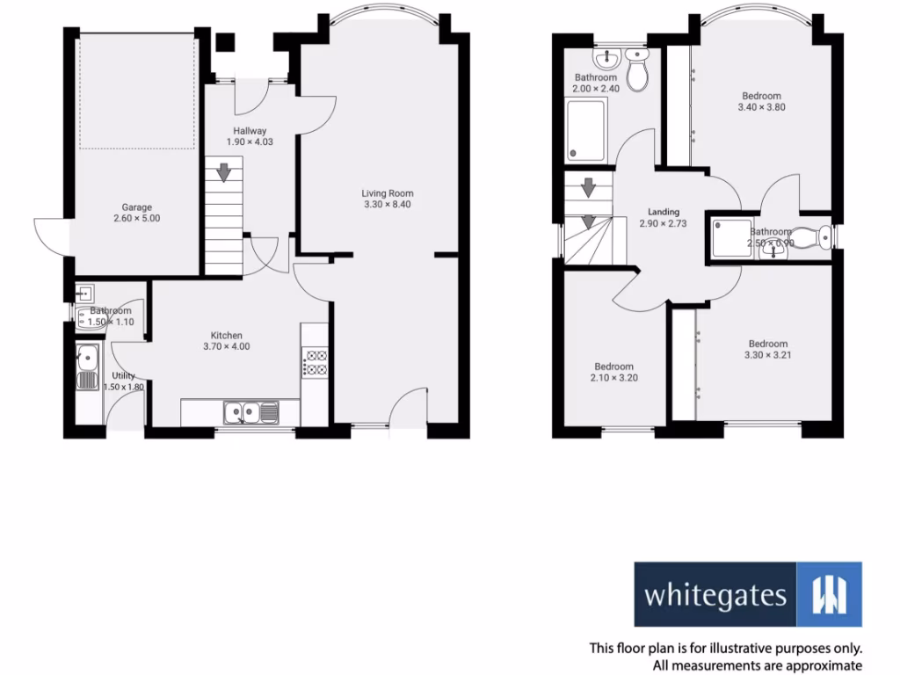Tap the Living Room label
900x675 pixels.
point(388,193)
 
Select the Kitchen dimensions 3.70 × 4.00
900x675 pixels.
point(226,346)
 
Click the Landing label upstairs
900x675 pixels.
point(664,212)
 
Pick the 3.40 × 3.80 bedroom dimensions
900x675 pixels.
point(760,107)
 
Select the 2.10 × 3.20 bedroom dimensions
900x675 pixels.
point(613,378)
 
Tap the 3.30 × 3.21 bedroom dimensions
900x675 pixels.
point(767,355)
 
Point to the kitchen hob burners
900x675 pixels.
point(316,363)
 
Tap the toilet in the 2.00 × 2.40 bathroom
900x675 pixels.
point(638,63)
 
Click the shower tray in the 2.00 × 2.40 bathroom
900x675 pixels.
point(587,130)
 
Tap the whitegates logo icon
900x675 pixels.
point(829,594)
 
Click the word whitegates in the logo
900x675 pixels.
point(715,596)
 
